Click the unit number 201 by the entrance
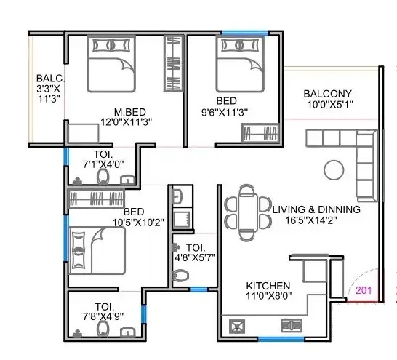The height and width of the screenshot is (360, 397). pyautogui.click(x=364, y=290)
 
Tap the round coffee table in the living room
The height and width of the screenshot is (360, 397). pyautogui.click(x=334, y=170)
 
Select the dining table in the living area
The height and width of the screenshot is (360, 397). pyautogui.click(x=248, y=212)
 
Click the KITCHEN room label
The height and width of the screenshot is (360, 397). pyautogui.click(x=268, y=286)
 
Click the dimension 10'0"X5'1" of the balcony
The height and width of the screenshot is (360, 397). pyautogui.click(x=330, y=104)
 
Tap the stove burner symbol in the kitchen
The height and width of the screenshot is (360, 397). pyautogui.click(x=237, y=326)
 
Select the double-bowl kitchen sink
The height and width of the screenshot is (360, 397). pyautogui.click(x=292, y=326)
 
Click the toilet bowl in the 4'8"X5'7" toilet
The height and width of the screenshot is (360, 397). pyautogui.click(x=181, y=276)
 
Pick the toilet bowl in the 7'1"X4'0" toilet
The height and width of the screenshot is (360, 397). pyautogui.click(x=103, y=177)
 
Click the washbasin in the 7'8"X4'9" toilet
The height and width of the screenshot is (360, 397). pyautogui.click(x=128, y=332)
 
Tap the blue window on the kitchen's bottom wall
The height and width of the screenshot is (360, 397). pyautogui.click(x=281, y=339)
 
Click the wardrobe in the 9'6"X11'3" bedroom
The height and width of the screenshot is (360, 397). pyautogui.click(x=260, y=133)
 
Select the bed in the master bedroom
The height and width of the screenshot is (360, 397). pyautogui.click(x=111, y=64)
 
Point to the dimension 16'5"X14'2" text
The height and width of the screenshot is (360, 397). pyautogui.click(x=311, y=220)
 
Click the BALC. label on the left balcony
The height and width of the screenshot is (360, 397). pyautogui.click(x=50, y=79)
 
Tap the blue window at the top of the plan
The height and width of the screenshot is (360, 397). pyautogui.click(x=245, y=33)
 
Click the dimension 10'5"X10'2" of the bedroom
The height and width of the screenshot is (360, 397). pyautogui.click(x=138, y=223)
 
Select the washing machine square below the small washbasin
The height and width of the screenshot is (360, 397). pyautogui.click(x=183, y=218)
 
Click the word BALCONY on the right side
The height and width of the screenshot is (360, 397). pyautogui.click(x=328, y=94)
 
